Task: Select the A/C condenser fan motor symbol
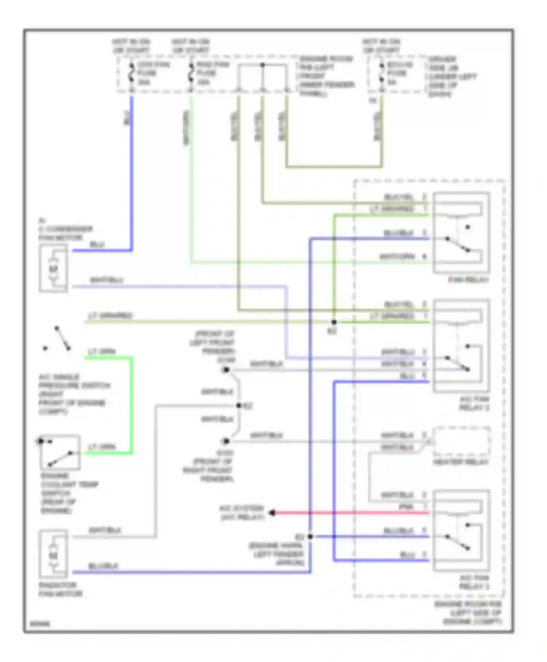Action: point(54,269)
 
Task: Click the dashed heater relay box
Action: point(462,441)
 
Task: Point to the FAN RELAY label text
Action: point(468,280)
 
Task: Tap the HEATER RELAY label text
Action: point(461,462)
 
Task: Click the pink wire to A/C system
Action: point(350,513)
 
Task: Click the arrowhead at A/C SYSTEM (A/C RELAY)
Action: point(272,513)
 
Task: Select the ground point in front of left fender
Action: point(226,370)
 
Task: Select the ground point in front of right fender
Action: point(226,441)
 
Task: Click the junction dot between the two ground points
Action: point(239,405)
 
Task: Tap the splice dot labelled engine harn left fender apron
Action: point(310,536)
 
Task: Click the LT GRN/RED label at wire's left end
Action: point(110,315)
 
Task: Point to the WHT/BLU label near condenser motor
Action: point(106,280)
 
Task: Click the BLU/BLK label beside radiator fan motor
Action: point(103,566)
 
